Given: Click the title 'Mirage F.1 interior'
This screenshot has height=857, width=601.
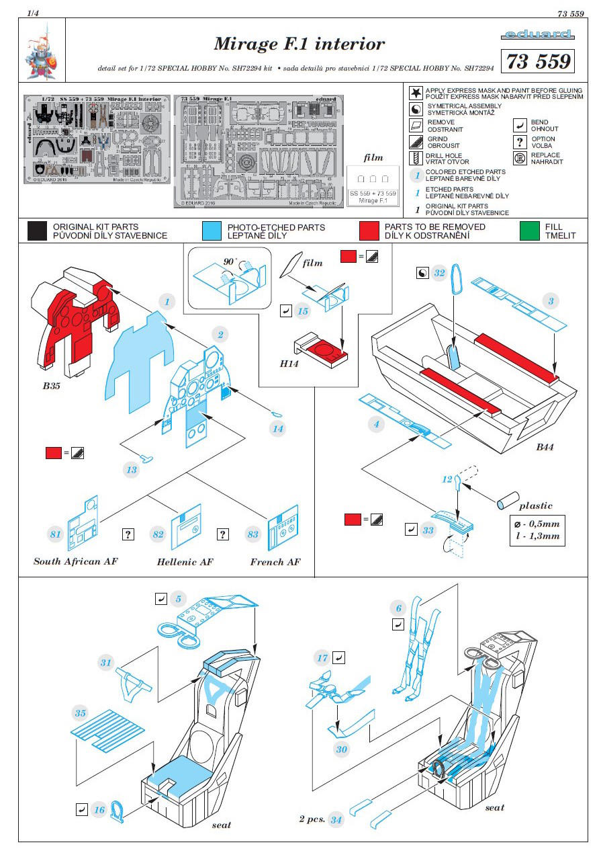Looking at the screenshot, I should tap(299, 44).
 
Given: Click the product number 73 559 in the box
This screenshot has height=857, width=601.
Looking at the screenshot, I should tap(537, 61).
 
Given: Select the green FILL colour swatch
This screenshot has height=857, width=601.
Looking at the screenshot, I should tap(530, 231).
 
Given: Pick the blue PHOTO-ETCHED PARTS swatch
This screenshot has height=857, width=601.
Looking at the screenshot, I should tap(212, 231).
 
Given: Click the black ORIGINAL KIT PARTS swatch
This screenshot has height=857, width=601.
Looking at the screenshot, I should tap(38, 231).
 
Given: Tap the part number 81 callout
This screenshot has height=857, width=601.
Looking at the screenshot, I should tap(55, 535).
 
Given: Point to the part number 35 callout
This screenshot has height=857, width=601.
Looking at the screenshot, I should tap(81, 712).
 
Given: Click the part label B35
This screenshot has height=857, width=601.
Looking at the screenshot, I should tap(52, 386).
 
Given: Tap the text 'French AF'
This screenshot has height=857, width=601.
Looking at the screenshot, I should tap(275, 562).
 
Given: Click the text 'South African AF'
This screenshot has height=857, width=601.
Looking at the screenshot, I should tap(75, 561).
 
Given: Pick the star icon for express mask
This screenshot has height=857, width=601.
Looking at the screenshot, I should tap(416, 93).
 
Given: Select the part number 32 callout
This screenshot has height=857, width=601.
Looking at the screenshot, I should tap(440, 273).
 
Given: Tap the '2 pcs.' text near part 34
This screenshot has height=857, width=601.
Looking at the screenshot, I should tap(312, 819).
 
